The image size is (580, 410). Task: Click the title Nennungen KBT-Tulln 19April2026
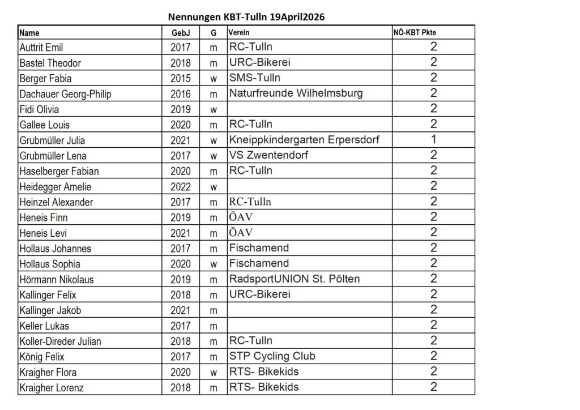click(x=246, y=17)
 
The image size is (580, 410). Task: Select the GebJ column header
click(x=181, y=33)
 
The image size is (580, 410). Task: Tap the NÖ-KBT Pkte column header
click(x=415, y=32)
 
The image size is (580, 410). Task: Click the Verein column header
click(x=239, y=33)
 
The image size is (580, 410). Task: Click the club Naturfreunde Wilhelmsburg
click(x=296, y=93)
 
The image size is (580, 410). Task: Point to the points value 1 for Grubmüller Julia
click(x=433, y=139)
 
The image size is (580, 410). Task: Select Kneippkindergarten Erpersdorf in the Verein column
click(x=304, y=139)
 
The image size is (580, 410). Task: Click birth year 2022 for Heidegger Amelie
click(x=181, y=186)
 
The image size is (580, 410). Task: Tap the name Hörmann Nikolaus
click(x=57, y=279)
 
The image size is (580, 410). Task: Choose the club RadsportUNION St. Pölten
click(x=295, y=279)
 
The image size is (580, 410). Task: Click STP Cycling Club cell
click(x=272, y=356)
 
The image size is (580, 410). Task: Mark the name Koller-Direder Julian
click(x=61, y=341)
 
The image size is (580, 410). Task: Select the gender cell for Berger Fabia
click(x=214, y=78)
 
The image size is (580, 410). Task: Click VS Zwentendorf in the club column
click(x=269, y=155)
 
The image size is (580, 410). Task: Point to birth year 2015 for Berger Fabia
click(x=181, y=78)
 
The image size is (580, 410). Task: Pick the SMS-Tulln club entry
click(x=255, y=78)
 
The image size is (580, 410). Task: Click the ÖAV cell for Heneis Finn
click(x=241, y=217)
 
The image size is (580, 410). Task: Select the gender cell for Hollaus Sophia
click(x=214, y=264)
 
